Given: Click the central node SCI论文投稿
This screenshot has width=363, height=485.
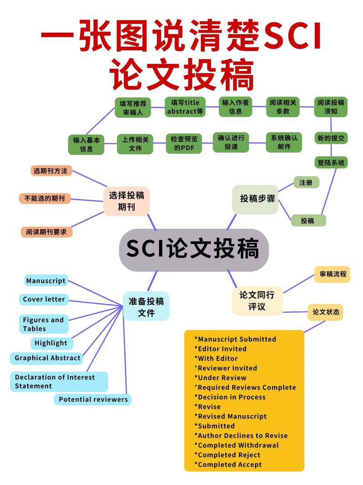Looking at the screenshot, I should pyautogui.click(x=194, y=250).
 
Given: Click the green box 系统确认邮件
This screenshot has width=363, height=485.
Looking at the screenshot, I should pyautogui.click(x=284, y=142).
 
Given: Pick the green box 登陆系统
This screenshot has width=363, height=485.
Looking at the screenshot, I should pyautogui.click(x=331, y=162).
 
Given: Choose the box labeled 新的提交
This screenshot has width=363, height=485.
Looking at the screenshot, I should pyautogui.click(x=331, y=138).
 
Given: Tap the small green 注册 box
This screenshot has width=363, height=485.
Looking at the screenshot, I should pyautogui.click(x=306, y=182).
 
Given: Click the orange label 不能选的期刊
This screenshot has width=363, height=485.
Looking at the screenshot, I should pyautogui.click(x=45, y=198).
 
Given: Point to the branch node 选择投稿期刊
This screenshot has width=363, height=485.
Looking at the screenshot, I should pyautogui.click(x=127, y=201).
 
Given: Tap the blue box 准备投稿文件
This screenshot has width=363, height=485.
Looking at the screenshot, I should pyautogui.click(x=146, y=307).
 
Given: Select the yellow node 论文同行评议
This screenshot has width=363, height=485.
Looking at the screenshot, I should pyautogui.click(x=257, y=301).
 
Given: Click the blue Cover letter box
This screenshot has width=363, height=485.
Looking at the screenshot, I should pyautogui.click(x=44, y=299).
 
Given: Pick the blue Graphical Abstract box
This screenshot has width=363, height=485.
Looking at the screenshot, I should pyautogui.click(x=47, y=358).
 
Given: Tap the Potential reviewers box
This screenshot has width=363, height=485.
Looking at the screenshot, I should pyautogui.click(x=93, y=400).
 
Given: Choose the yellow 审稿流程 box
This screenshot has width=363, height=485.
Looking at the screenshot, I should pyautogui.click(x=332, y=274).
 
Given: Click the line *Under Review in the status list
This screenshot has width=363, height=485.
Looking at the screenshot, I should pyautogui.click(x=221, y=378).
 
